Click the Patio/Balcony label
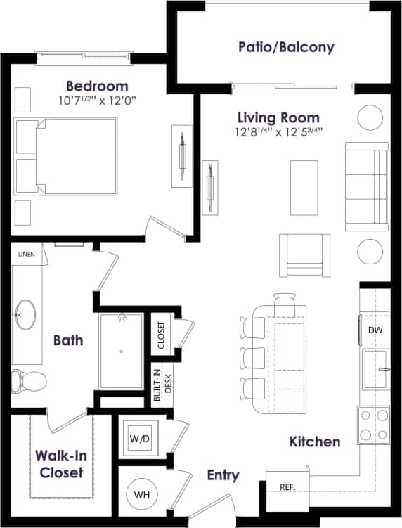coord(285,48)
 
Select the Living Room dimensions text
coord(278,131)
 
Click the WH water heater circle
coord(143,495)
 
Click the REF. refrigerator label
coord(287,487)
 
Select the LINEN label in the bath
coord(26,254)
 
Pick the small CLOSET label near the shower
coord(162,336)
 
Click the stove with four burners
coord(373,424)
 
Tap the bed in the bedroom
coord(66,155)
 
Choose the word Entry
coord(223,476)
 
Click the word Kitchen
coord(315,442)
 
